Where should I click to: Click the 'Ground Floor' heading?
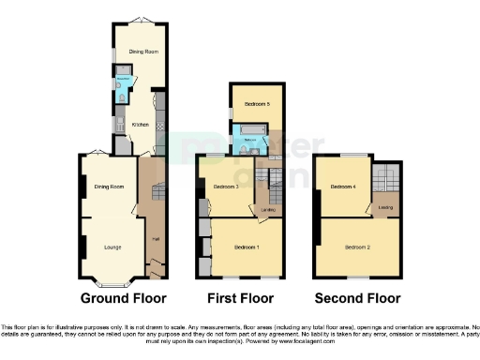pyautogui.click(x=124, y=298)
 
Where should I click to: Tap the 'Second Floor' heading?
pyautogui.click(x=356, y=298)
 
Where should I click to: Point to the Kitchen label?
pyautogui.click(x=140, y=124)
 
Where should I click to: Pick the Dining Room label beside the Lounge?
pyautogui.click(x=110, y=187)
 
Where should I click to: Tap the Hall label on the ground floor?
pyautogui.click(x=154, y=238)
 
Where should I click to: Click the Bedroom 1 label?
pyautogui.click(x=246, y=247)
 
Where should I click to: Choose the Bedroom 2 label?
pyautogui.click(x=357, y=247)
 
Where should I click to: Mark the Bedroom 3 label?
pyautogui.click(x=225, y=187)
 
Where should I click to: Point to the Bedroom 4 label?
pyautogui.click(x=343, y=187)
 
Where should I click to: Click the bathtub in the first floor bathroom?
pyautogui.click(x=252, y=130)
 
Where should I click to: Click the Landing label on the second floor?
pyautogui.click(x=384, y=207)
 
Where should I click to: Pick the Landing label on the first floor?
pyautogui.click(x=268, y=210)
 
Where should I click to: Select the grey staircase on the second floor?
pyautogui.click(x=386, y=176)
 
